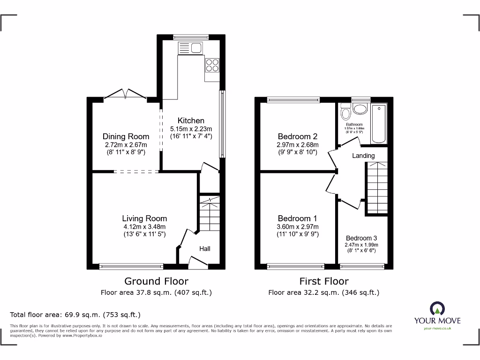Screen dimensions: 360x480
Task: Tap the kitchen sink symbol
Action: pos(190,47)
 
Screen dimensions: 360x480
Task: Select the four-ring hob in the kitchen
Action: pos(212,65)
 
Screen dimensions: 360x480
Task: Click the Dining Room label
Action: pos(126,136)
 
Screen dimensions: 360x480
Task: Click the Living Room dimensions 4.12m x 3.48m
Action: pos(144,226)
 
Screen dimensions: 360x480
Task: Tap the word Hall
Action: pos(204,248)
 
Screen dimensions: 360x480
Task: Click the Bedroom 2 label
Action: pos(297,136)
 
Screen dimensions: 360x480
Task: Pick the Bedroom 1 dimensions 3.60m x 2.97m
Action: pos(297,226)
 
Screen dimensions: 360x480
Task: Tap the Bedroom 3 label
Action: pos(361,238)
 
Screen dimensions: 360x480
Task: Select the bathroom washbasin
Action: pos(360,109)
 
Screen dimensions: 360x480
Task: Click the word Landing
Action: pos(363,155)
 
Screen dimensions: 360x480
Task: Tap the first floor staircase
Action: pos(376,187)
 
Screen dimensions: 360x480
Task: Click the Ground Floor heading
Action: pos(156,281)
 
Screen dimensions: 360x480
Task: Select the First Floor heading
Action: pos(324,281)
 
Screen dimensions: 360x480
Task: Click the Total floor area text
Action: pos(75,315)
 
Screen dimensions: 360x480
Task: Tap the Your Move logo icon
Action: pos(437,308)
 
